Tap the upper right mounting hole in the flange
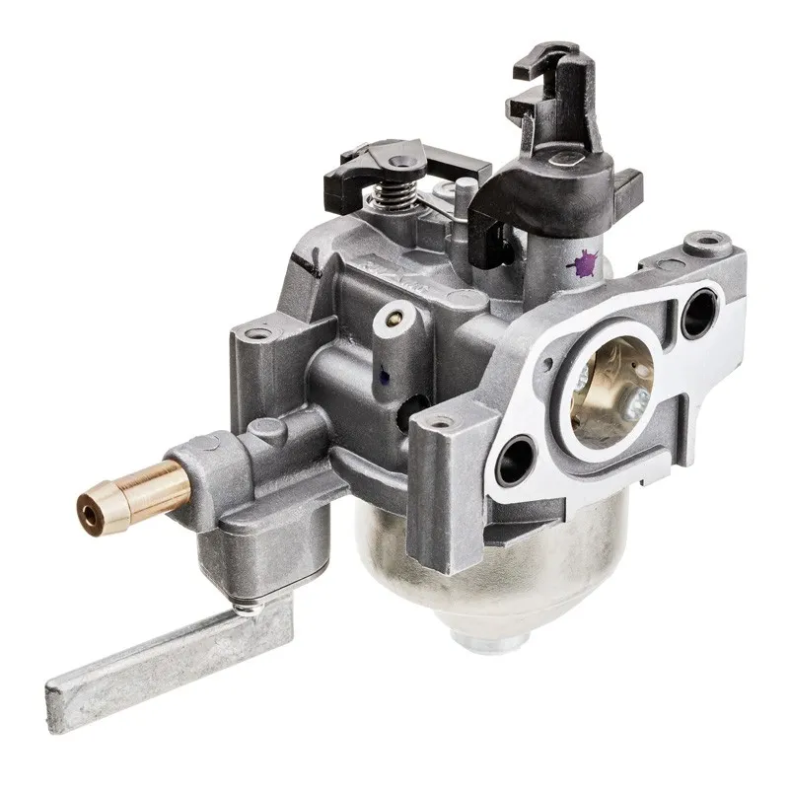701,310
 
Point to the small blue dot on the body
381,374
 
